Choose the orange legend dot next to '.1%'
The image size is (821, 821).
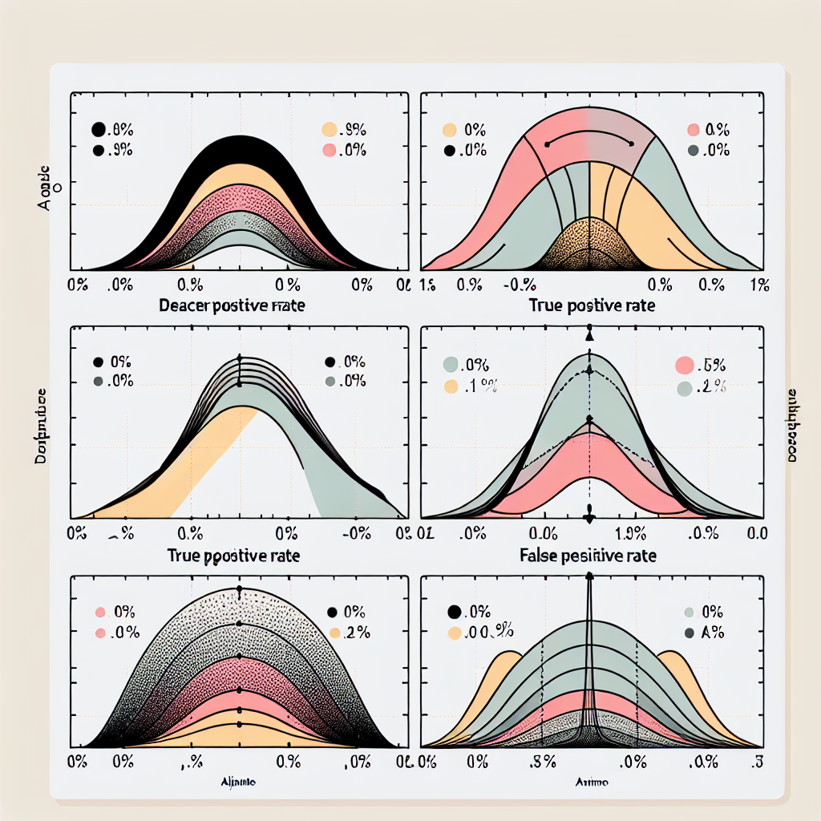[451, 387]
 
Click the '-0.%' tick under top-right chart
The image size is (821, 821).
[519, 283]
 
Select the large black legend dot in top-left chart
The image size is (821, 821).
[99, 128]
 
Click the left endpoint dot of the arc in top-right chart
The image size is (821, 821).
[547, 144]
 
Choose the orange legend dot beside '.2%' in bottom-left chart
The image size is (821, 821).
[334, 633]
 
